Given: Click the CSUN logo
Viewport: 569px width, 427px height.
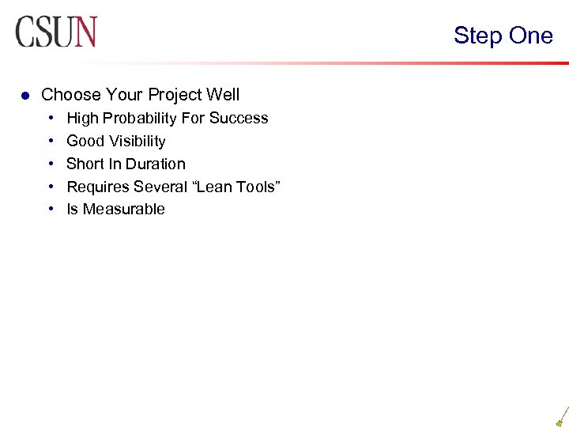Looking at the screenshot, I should pyautogui.click(x=55, y=32).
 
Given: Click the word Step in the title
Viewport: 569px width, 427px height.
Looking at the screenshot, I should pyautogui.click(x=477, y=36).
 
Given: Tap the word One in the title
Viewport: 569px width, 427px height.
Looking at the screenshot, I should pyautogui.click(x=530, y=36).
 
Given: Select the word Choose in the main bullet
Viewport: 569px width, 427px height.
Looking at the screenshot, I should pyautogui.click(x=71, y=95).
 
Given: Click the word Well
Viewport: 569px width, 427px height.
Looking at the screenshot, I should pyautogui.click(x=223, y=95).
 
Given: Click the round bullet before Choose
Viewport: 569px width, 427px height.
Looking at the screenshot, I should pyautogui.click(x=24, y=96).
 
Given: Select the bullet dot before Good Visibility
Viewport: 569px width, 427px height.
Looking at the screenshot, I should pyautogui.click(x=51, y=142).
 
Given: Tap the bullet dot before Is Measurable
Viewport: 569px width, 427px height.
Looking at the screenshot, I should pyautogui.click(x=51, y=210).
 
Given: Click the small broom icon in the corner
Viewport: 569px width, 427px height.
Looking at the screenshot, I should pyautogui.click(x=562, y=416).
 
